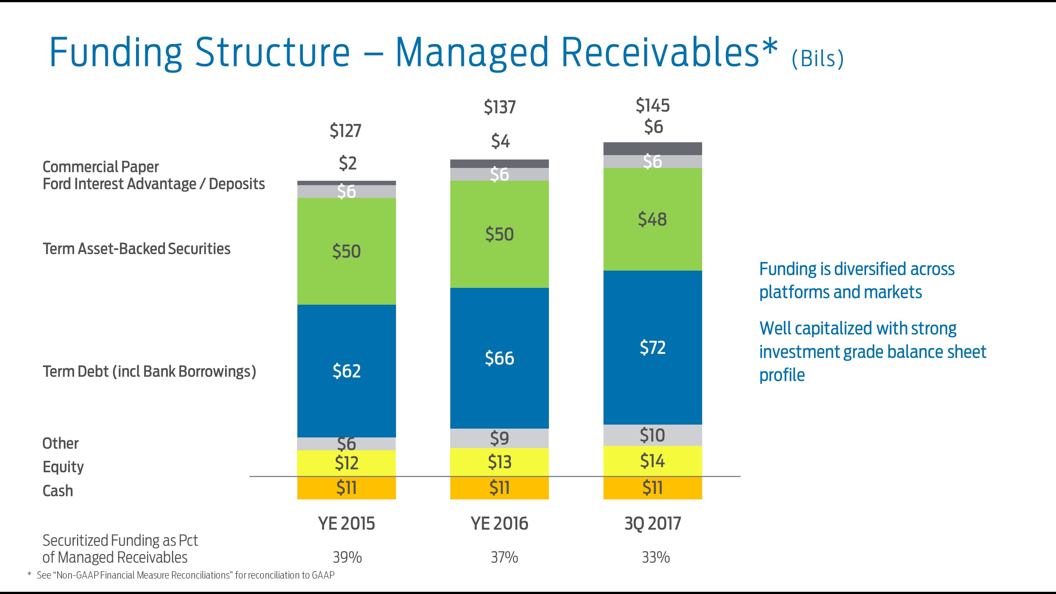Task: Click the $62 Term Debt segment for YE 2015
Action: (346, 371)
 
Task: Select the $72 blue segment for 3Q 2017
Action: (652, 347)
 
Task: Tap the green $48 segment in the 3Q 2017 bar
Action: (652, 219)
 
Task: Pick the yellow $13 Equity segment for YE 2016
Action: (499, 462)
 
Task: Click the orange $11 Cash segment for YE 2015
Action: (346, 488)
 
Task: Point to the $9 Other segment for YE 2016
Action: (499, 438)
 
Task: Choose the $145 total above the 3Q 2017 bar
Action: (652, 106)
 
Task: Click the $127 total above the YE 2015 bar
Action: (345, 131)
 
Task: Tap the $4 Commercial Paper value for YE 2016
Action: (500, 142)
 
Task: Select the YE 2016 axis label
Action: (499, 524)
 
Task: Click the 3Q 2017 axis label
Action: (653, 524)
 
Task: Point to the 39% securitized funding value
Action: (347, 557)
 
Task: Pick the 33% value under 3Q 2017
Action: (656, 557)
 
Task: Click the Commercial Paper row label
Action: (100, 167)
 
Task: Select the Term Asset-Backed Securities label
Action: (136, 249)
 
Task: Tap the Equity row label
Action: (63, 467)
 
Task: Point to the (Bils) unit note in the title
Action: (817, 59)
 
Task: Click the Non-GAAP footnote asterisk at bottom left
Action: (29, 574)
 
